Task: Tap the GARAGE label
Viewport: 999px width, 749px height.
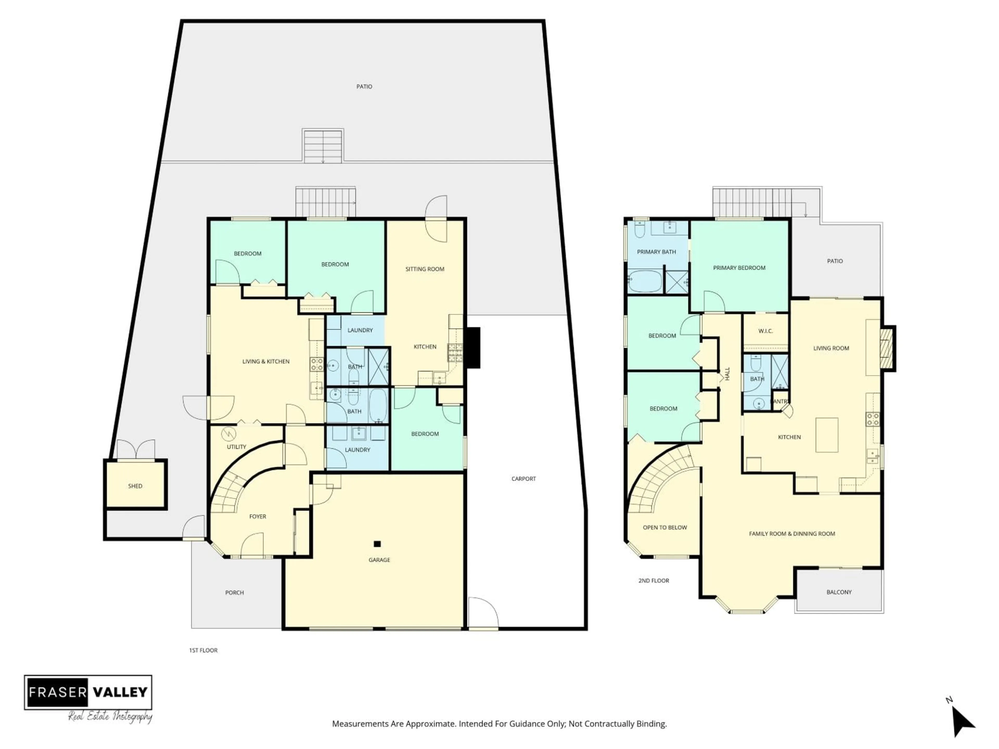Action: tap(379, 560)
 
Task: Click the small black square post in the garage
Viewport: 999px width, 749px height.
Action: tap(377, 544)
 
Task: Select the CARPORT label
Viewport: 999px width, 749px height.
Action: tap(523, 479)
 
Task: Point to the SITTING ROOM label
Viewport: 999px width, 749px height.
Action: tap(425, 269)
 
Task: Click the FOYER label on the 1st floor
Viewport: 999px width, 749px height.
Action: tap(258, 516)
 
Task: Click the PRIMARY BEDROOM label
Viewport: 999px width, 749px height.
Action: tap(739, 268)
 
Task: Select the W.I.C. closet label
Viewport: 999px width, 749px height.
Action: tap(765, 331)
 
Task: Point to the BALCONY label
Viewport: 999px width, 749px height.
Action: tap(839, 592)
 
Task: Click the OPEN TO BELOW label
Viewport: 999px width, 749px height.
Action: tap(664, 527)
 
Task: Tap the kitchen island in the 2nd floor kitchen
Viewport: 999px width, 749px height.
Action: tap(827, 435)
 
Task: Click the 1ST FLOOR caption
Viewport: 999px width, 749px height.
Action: tap(203, 650)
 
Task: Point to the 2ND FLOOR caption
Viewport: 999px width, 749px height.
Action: tap(654, 580)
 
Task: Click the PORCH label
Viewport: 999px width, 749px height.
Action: tap(234, 592)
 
